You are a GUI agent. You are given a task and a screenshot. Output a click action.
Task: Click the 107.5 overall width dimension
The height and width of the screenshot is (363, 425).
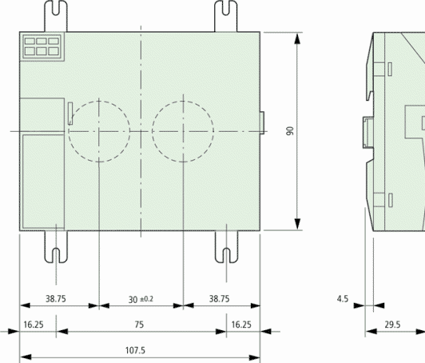coord(135,350)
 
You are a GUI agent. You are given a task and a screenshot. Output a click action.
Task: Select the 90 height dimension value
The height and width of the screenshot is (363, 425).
coord(290,131)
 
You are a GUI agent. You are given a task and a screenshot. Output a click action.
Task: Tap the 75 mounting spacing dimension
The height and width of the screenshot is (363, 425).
coord(139,325)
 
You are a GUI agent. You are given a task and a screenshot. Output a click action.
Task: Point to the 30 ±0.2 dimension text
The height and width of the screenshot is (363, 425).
coord(141,299)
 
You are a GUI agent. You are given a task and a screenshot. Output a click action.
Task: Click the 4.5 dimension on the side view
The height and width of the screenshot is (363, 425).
coord(343,299)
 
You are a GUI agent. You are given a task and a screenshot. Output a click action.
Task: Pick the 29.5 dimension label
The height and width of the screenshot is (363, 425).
coord(392,325)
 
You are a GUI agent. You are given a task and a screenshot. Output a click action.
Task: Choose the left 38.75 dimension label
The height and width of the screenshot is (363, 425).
coord(56,299)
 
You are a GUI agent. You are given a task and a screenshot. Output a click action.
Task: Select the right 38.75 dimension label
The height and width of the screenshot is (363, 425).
coord(219,299)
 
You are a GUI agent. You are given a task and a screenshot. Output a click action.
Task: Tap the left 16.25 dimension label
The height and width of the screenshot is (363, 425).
coord(34,325)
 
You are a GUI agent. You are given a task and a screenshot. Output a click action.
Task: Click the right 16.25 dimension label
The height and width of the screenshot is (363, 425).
coord(241,325)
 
